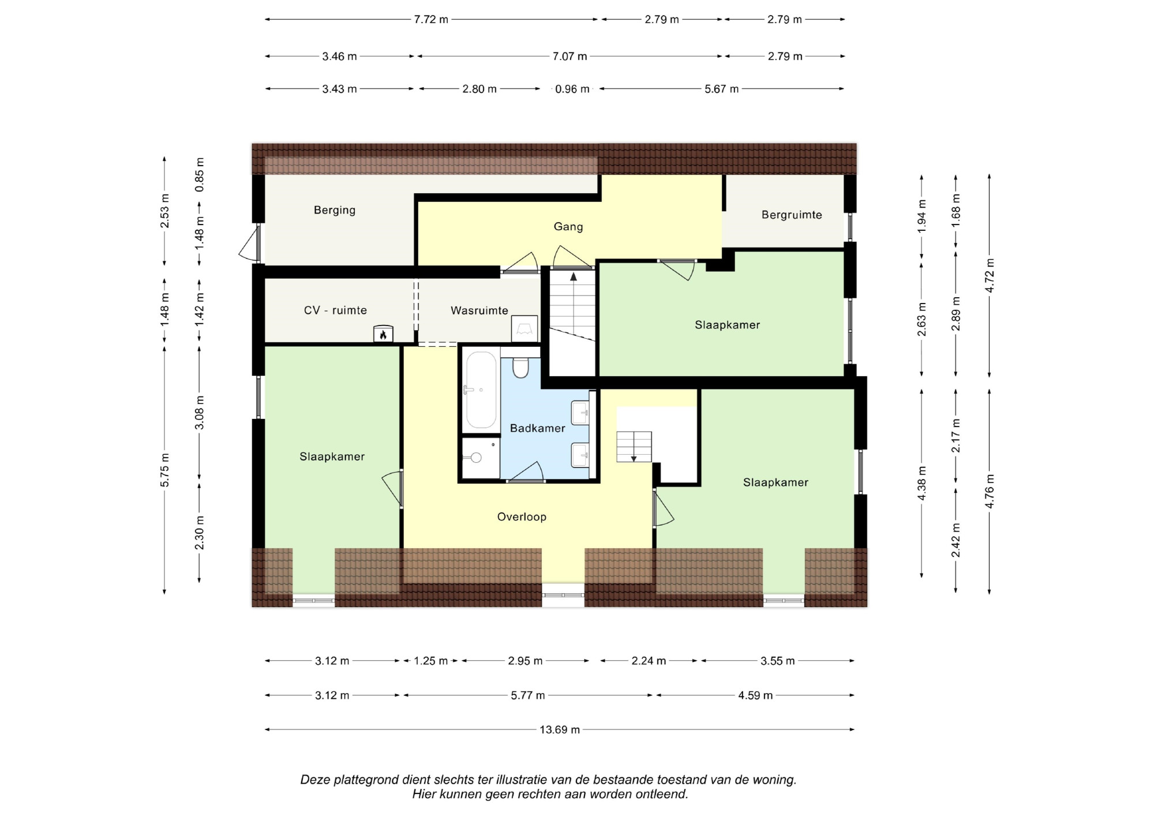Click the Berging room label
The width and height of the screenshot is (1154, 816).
coord(335,210)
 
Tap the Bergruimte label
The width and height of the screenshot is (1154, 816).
coord(792,215)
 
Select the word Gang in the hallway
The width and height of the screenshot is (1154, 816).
coord(568,227)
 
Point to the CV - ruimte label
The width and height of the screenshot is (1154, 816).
coord(335,310)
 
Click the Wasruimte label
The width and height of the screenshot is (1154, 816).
coord(479,310)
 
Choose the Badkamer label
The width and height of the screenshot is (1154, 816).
coord(538,428)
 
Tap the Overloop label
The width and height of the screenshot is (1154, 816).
coord(522,517)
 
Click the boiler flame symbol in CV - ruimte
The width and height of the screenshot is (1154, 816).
coord(383,334)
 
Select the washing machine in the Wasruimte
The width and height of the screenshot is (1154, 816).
coord(524,329)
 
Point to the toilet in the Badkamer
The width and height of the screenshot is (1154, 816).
coord(520,366)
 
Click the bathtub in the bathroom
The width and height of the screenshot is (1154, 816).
coord(481,390)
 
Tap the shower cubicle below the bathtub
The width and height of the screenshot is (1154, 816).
coord(481,458)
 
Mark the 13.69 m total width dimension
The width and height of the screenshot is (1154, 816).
coord(560,729)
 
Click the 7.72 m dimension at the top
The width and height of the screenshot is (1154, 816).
coord(431,19)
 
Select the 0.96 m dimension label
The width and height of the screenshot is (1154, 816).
coord(572,89)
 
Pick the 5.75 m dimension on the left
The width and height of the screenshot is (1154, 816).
coord(165,470)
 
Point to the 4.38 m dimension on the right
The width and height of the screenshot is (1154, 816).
coord(922,482)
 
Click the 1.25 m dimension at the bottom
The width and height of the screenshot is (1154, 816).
coord(431,661)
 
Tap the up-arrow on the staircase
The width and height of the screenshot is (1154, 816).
coord(574,276)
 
